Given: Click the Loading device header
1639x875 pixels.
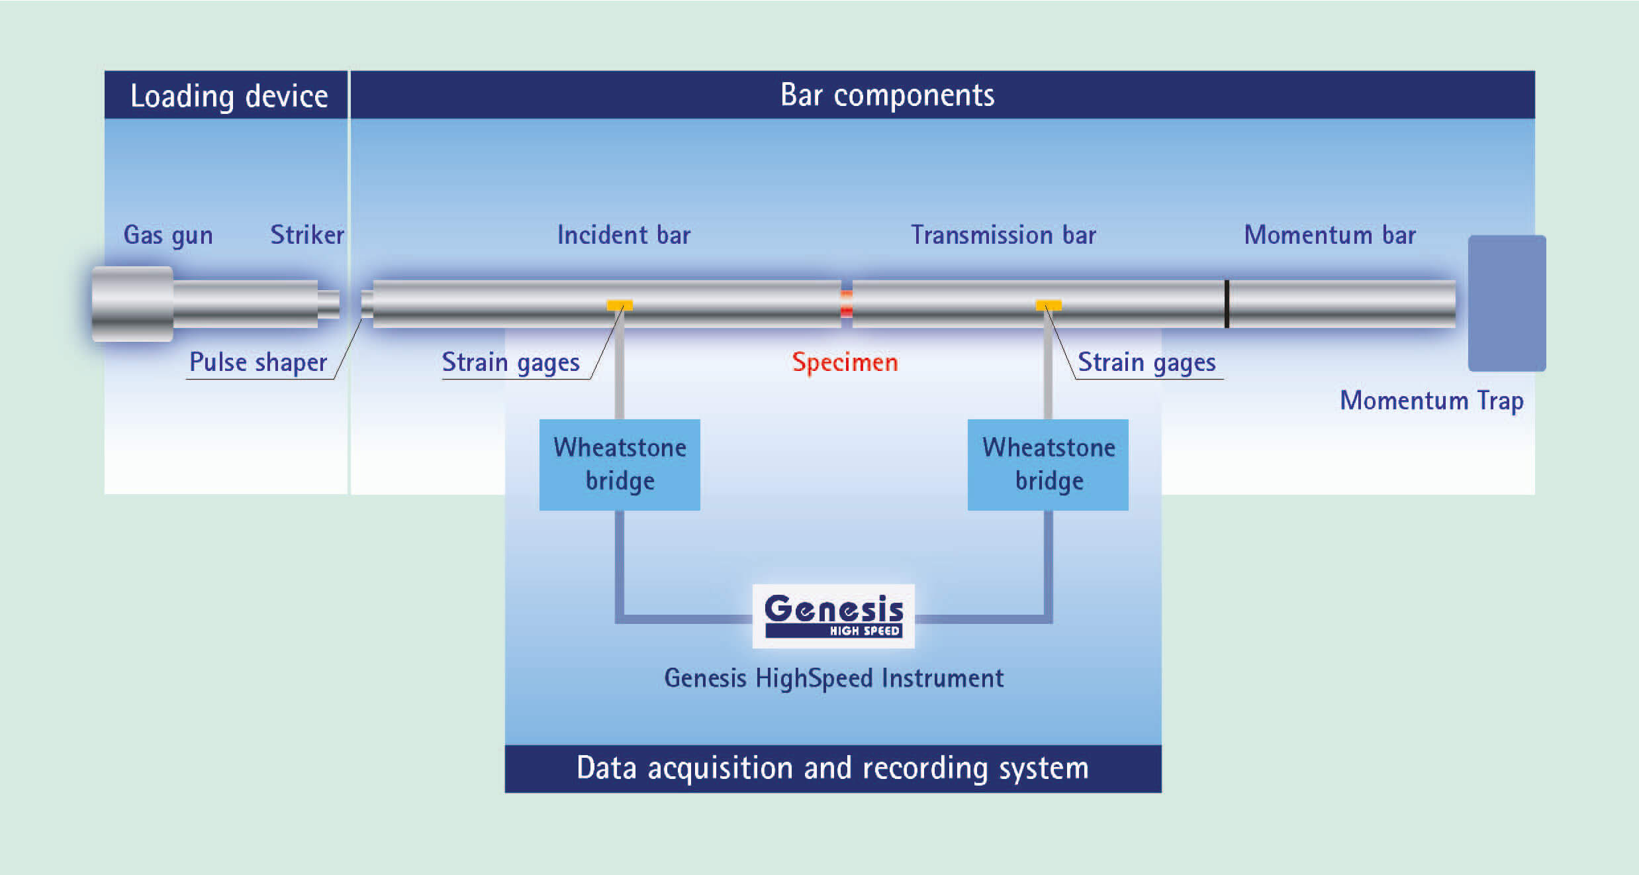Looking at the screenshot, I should pyautogui.click(x=228, y=96).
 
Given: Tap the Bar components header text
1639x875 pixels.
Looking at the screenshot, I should pyautogui.click(x=887, y=95).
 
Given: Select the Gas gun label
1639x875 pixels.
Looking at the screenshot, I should pyautogui.click(x=168, y=235).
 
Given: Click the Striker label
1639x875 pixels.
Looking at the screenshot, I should pyautogui.click(x=307, y=235).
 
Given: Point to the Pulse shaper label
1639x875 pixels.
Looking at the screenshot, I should pyautogui.click(x=258, y=362).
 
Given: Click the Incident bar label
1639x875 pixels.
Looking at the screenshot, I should pyautogui.click(x=624, y=235).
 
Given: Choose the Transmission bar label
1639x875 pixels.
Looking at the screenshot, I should pyautogui.click(x=1004, y=235).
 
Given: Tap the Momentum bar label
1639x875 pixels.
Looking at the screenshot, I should pyautogui.click(x=1330, y=235).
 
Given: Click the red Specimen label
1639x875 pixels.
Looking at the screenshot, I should pyautogui.click(x=845, y=362).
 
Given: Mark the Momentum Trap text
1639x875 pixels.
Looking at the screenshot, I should pyautogui.click(x=1432, y=401).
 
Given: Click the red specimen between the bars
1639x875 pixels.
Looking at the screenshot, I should pyautogui.click(x=847, y=304).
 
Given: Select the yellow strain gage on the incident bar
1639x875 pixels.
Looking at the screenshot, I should pyautogui.click(x=620, y=305).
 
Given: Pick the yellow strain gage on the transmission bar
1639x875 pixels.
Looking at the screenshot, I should pyautogui.click(x=1049, y=305).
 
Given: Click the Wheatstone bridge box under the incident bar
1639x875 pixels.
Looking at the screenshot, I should pyautogui.click(x=620, y=464).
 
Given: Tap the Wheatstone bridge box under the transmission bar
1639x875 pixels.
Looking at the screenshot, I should pyautogui.click(x=1048, y=464).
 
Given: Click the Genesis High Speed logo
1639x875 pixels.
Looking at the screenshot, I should pyautogui.click(x=833, y=616).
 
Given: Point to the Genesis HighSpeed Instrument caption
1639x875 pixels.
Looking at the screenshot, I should pyautogui.click(x=833, y=678).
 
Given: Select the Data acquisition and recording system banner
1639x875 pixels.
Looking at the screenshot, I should pyautogui.click(x=833, y=768).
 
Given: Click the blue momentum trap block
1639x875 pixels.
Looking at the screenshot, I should pyautogui.click(x=1507, y=303).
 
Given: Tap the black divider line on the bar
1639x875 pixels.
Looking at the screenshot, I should pyautogui.click(x=1227, y=304).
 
